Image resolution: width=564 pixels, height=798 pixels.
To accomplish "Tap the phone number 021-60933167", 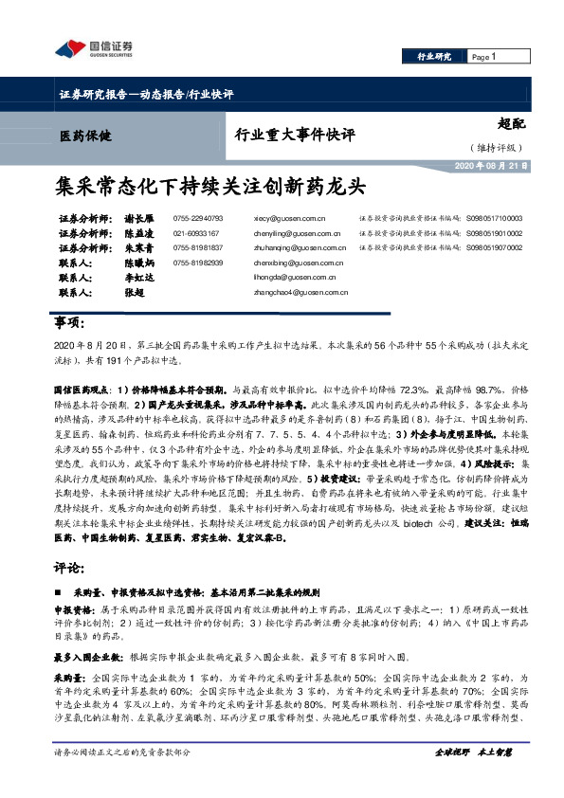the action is pos(196,232).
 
